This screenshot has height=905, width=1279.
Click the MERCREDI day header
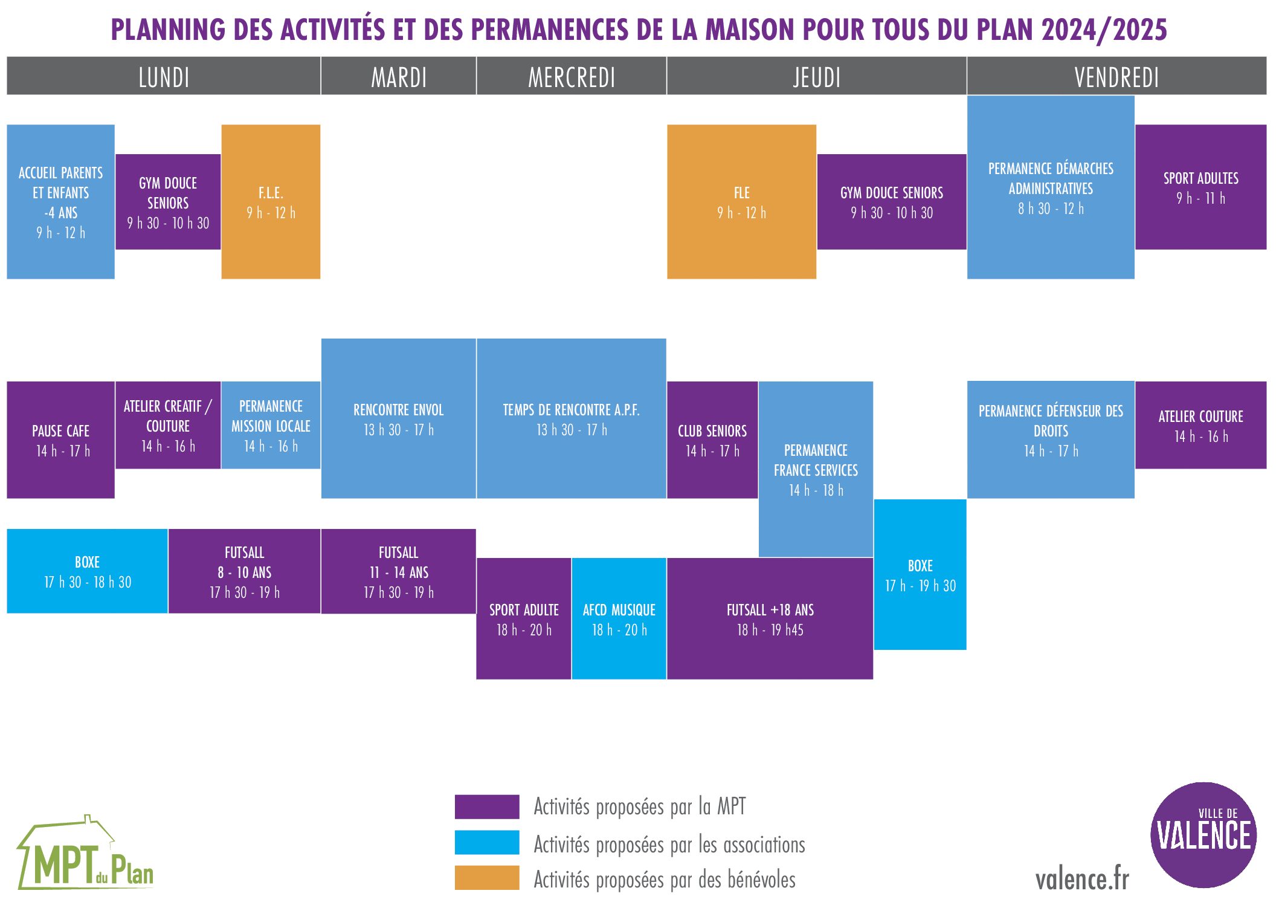(571, 77)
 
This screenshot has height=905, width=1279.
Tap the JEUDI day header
(816, 77)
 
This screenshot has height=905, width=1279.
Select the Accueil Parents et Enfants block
(60, 202)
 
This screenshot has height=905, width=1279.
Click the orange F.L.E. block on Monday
(271, 202)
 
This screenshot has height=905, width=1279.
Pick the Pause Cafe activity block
(60, 440)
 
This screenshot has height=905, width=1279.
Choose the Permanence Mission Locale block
(271, 425)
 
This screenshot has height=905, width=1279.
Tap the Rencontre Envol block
(398, 419)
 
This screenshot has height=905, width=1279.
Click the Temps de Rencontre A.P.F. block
(571, 419)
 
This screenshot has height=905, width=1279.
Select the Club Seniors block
(712, 440)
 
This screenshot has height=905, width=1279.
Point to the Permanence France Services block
(816, 469)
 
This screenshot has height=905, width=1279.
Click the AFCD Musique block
(619, 619)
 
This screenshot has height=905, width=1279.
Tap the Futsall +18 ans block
(770, 619)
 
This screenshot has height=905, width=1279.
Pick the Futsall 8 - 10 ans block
(244, 571)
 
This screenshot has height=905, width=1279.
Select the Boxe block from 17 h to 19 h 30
(920, 575)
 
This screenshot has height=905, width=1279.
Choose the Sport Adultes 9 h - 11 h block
(1200, 187)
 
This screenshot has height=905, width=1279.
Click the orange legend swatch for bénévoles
(487, 878)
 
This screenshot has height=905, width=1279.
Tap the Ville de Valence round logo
(1203, 835)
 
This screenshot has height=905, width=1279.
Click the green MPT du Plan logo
(85, 855)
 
